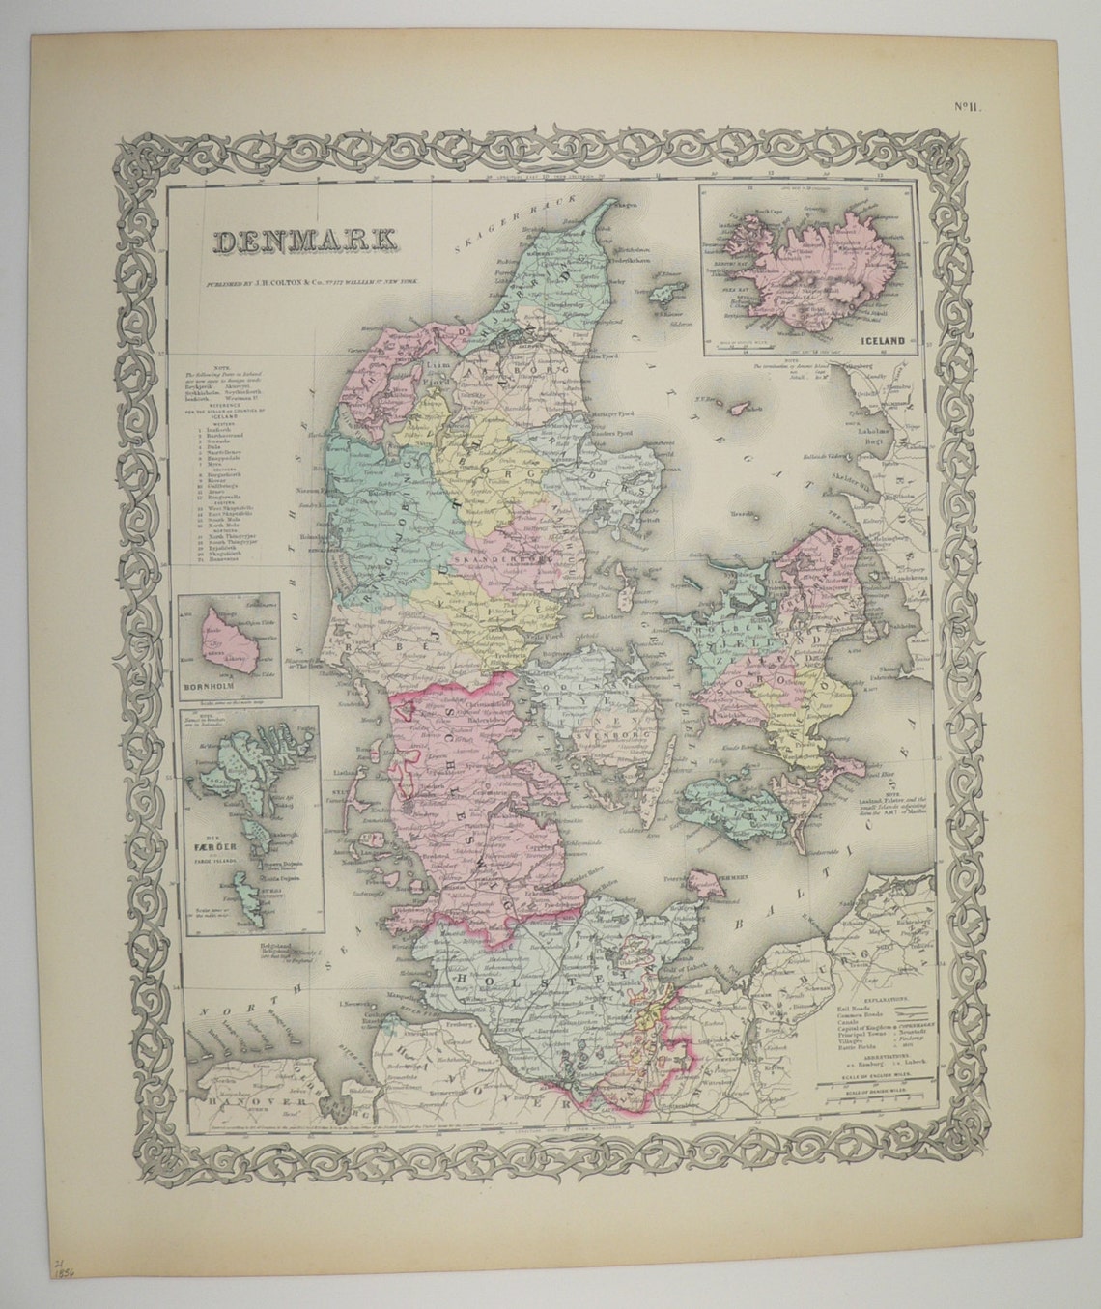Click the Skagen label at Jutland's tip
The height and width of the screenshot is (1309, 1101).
tap(624, 204)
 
